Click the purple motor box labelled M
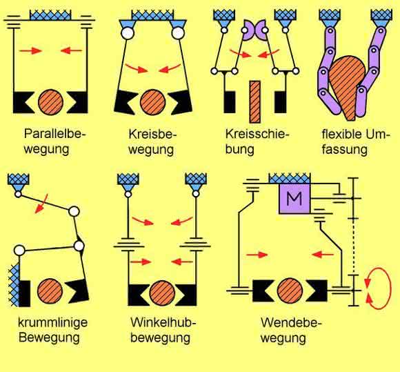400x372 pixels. point(295,199)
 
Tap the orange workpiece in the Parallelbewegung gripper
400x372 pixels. point(51,102)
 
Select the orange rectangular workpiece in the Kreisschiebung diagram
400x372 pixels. point(255,101)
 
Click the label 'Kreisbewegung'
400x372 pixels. point(152,141)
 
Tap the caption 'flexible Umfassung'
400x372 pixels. point(356,141)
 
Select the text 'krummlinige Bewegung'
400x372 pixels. point(53,330)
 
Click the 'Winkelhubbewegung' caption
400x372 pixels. point(163,330)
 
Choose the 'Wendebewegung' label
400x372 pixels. point(291,331)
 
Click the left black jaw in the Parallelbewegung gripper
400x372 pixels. point(23,102)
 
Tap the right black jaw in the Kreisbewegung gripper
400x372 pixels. point(181,102)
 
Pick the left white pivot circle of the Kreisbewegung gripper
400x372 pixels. point(128,33)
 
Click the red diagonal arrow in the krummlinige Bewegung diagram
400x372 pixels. point(41,204)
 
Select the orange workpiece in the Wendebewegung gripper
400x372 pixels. point(290,291)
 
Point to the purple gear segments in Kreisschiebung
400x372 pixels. point(254,30)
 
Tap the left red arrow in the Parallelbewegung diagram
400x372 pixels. point(30,51)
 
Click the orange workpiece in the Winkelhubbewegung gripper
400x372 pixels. point(162,293)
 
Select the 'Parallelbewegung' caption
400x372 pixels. point(54,141)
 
